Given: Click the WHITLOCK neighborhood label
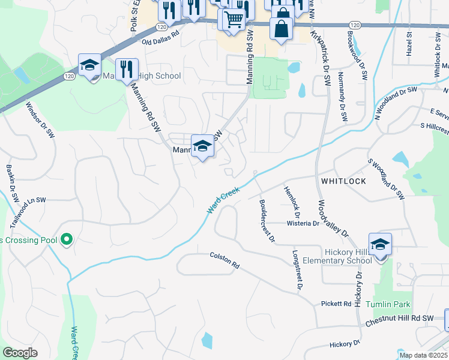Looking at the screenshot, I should point(343,180).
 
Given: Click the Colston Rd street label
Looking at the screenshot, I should point(224,259).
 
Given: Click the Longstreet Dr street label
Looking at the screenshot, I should point(296,271).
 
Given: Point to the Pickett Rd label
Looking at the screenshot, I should point(336,304).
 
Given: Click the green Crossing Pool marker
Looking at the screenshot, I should point(67,241).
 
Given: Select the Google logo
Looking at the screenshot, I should point(20,353).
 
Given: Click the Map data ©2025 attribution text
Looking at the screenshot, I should point(423,355).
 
